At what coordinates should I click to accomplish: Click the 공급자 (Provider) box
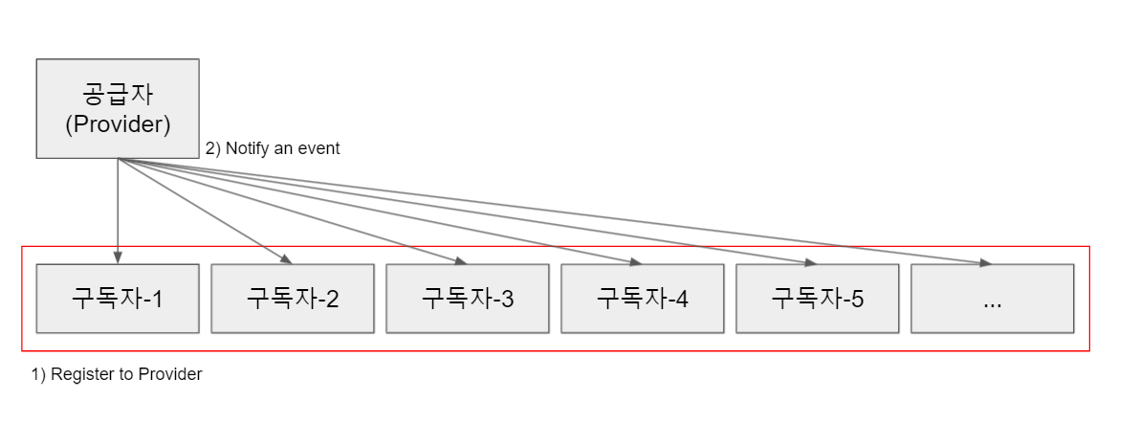click(x=118, y=108)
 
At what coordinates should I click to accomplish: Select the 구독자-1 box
click(x=118, y=299)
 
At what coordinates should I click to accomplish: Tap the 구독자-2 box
click(x=293, y=299)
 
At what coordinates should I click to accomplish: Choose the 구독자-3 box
click(x=468, y=299)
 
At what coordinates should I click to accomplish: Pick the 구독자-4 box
click(x=643, y=299)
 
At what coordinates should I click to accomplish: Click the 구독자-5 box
click(x=818, y=299)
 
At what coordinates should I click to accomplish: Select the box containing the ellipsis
click(x=993, y=299)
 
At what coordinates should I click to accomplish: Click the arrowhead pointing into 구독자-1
click(x=118, y=257)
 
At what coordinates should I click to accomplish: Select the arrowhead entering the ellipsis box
click(x=984, y=262)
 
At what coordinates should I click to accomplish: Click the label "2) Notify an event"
click(x=273, y=149)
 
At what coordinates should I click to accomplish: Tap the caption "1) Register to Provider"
click(x=117, y=374)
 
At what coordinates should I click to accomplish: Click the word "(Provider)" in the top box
click(x=118, y=124)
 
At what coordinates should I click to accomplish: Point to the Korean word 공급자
click(x=118, y=95)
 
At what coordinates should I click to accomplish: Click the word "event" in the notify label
click(x=319, y=149)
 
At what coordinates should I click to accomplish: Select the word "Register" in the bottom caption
click(x=78, y=374)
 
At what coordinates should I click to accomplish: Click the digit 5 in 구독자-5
click(x=857, y=299)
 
